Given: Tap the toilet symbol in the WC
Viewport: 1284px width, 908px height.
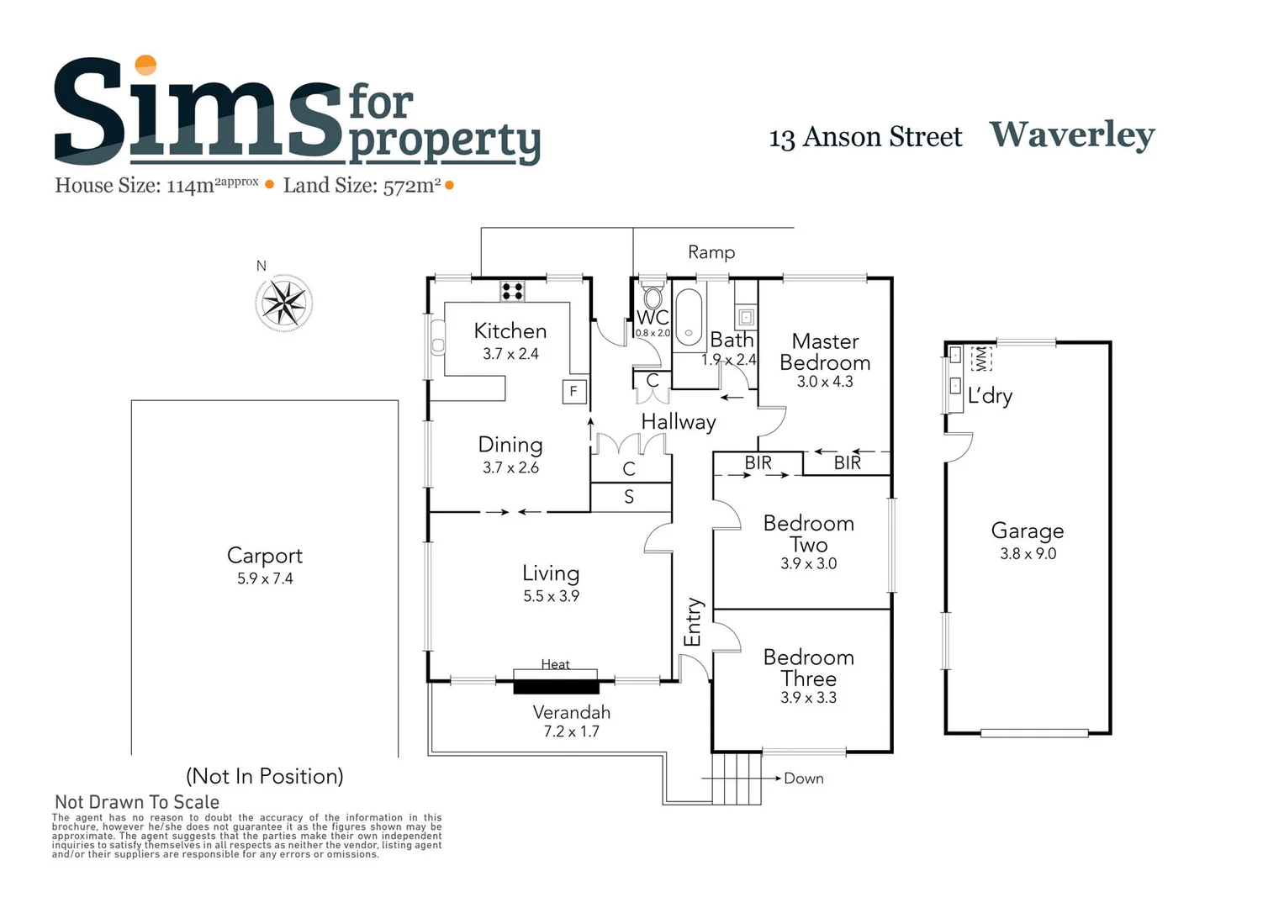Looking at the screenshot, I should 653,298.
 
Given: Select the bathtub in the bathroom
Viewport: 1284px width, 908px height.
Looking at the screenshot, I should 689,318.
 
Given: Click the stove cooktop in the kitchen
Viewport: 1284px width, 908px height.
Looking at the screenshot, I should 512,292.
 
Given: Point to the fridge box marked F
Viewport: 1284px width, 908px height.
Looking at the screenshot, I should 573,391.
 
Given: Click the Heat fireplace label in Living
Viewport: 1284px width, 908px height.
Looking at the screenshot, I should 555,664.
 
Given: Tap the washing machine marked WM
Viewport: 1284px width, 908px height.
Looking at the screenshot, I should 980,359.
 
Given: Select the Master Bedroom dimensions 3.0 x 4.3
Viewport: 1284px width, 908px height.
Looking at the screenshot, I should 825,382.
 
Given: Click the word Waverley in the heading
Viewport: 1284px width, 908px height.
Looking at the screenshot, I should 1071,135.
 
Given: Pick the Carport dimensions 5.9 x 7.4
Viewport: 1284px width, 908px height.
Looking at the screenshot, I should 265,578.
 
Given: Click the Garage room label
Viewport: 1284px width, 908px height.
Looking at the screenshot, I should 1027,531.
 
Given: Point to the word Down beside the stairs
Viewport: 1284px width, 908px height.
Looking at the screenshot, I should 803,779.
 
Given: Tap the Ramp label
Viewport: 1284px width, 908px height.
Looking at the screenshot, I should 711,252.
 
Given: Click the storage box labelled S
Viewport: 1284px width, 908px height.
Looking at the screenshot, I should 630,497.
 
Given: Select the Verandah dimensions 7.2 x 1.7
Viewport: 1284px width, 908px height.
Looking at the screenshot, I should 571,731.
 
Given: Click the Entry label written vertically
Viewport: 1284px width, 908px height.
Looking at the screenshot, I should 693,622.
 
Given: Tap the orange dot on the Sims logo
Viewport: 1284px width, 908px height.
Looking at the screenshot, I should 146,65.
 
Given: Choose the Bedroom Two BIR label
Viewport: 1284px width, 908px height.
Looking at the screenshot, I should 758,462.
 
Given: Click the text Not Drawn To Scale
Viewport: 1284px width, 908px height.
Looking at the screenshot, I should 137,802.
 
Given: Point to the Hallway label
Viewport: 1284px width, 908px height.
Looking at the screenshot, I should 679,422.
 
